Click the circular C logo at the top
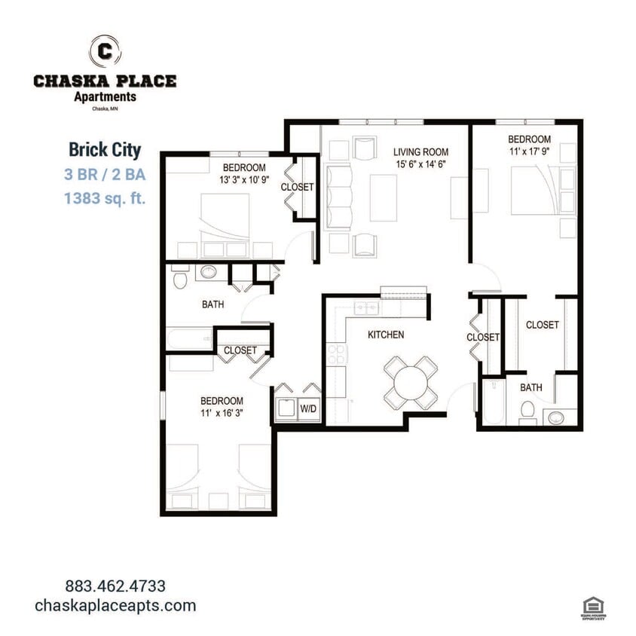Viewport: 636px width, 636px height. [x=105, y=52]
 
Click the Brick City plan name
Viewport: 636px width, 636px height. [x=105, y=150]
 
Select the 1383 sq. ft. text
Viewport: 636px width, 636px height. [x=105, y=199]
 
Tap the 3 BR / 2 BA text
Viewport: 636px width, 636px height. [x=105, y=175]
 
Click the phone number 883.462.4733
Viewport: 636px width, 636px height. [x=115, y=586]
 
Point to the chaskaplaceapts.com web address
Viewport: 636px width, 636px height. [x=115, y=605]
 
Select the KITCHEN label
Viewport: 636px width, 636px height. [x=386, y=335]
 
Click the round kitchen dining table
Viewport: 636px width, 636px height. [x=411, y=382]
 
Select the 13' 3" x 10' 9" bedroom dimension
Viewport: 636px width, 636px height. [x=243, y=179]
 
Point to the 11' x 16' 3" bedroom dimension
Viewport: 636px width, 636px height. [x=221, y=413]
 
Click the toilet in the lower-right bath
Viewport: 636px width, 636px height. [x=528, y=412]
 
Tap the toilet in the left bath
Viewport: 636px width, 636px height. [x=179, y=280]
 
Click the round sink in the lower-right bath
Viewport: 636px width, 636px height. [x=556, y=417]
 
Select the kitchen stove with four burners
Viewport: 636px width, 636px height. [x=336, y=354]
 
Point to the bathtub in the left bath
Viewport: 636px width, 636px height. [x=190, y=338]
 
